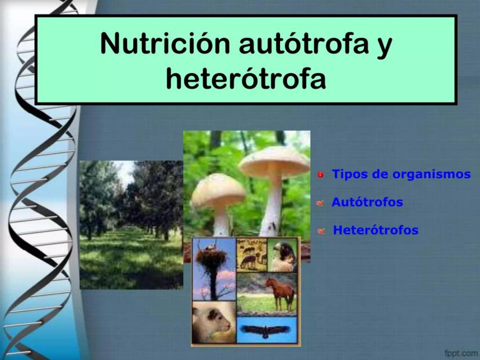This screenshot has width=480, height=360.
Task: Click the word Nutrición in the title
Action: pyautogui.click(x=165, y=43)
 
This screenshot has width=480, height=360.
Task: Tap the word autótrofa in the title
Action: pyautogui.click(x=303, y=43)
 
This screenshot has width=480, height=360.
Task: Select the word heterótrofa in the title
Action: pyautogui.click(x=246, y=78)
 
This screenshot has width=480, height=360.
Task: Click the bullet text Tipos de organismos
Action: pyautogui.click(x=401, y=174)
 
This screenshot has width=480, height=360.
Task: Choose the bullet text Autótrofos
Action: pyautogui.click(x=367, y=202)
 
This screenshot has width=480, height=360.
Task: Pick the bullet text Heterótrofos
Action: pyautogui.click(x=376, y=230)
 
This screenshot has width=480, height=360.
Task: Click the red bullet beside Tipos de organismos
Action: pyautogui.click(x=321, y=175)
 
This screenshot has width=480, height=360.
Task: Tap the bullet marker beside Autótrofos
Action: pyautogui.click(x=320, y=203)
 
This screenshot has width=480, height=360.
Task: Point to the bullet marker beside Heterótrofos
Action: pyautogui.click(x=321, y=231)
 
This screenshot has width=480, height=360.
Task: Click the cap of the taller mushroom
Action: pyautogui.click(x=275, y=161)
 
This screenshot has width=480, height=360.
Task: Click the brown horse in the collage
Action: pyautogui.click(x=281, y=292)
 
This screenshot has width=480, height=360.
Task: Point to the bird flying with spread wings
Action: pyautogui.click(x=265, y=330)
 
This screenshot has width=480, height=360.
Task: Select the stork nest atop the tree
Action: pyautogui.click(x=212, y=258)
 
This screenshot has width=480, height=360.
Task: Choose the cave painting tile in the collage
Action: pyautogui.click(x=252, y=254)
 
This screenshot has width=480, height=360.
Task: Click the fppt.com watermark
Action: pyautogui.click(x=461, y=353)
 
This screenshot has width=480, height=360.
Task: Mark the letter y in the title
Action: pyautogui.click(x=384, y=48)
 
